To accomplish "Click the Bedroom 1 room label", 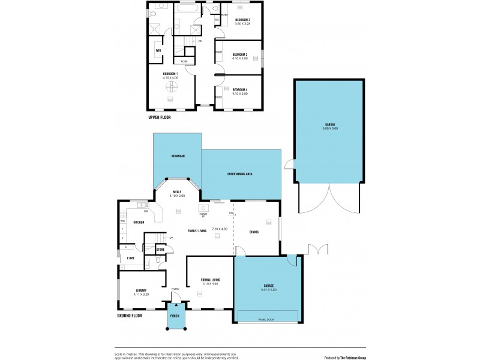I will pyautogui.click(x=170, y=73).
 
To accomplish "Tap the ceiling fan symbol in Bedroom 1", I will pyautogui.click(x=170, y=87).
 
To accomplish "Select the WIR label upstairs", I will pyautogui.click(x=158, y=50).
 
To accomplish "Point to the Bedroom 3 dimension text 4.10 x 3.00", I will pyautogui.click(x=241, y=59).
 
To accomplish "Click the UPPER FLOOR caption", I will pyautogui.click(x=160, y=118).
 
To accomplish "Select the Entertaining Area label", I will pyautogui.click(x=239, y=173).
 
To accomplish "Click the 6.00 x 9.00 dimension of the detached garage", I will pyautogui.click(x=331, y=128).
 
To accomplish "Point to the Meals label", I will pyautogui.click(x=176, y=192).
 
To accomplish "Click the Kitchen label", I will pyautogui.click(x=139, y=222).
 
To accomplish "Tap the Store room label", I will pyautogui.click(x=160, y=250).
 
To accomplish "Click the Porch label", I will pyautogui.click(x=175, y=316).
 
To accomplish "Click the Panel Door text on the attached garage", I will pyautogui.click(x=268, y=319).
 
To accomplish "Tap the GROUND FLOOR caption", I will pyautogui.click(x=130, y=315).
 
